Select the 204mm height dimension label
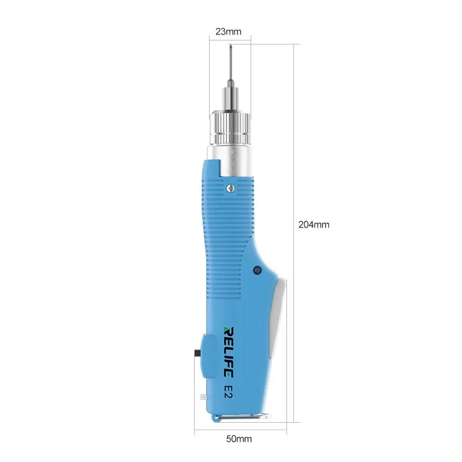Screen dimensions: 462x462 314,225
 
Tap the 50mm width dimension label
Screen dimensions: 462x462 240,439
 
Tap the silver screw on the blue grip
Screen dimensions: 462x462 230,187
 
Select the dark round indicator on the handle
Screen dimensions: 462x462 256,270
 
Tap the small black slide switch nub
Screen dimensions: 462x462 198,352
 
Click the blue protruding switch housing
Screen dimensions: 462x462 203,358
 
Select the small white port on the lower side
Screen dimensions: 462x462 202,397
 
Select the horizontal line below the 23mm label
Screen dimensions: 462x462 230,39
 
